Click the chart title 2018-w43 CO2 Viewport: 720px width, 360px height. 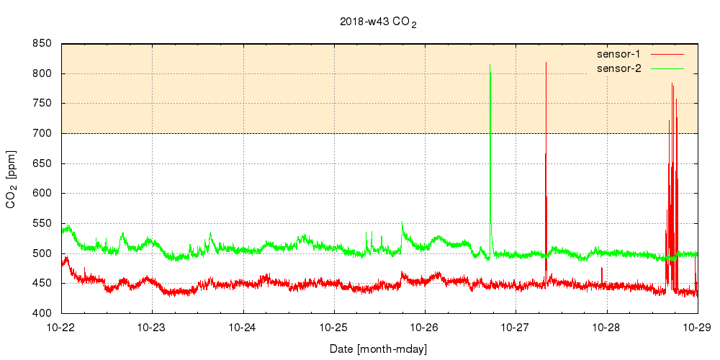coord(378,22)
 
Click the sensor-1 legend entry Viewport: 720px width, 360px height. coord(624,54)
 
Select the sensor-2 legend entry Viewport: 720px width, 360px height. coord(624,68)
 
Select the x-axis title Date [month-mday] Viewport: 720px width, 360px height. coord(379,349)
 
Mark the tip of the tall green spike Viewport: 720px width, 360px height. coord(490,65)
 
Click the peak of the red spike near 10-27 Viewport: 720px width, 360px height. coord(546,63)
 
